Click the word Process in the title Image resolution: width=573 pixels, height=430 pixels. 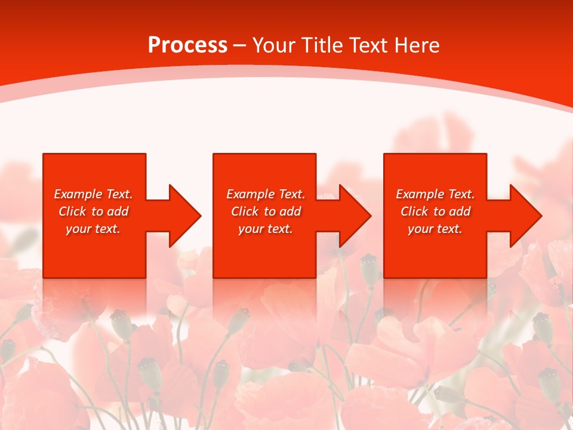[187, 45]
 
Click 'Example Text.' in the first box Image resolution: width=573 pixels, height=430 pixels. [93, 194]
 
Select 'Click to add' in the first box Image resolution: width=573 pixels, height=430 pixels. [93, 211]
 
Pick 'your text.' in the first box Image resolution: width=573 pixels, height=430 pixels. [93, 229]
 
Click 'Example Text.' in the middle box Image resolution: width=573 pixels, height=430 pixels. [266, 194]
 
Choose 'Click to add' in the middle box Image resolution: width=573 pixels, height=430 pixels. [266, 211]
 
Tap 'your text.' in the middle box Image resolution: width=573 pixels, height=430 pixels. [266, 229]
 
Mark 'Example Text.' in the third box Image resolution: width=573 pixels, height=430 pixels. [435, 194]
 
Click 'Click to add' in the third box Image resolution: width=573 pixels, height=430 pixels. [435, 211]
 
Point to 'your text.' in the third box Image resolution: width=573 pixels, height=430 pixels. [435, 229]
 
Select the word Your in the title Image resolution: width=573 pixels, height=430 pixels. [273, 45]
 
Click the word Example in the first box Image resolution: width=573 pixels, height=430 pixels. [78, 194]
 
